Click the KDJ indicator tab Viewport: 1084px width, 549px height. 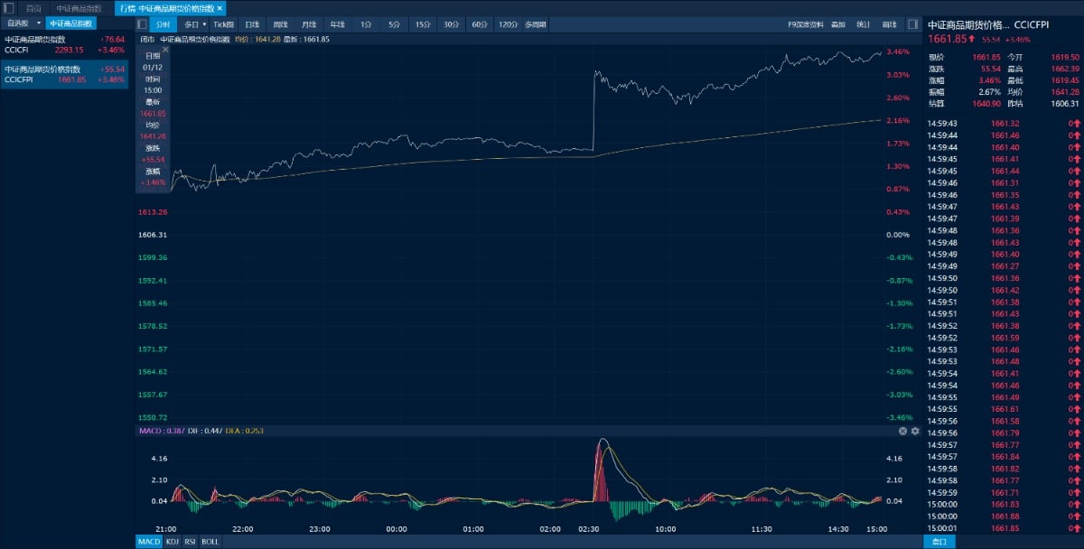point(173,542)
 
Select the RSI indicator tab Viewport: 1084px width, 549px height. point(191,542)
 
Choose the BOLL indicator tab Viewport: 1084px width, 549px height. point(210,542)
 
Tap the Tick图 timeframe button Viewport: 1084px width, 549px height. point(223,24)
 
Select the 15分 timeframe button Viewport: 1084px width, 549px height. point(423,24)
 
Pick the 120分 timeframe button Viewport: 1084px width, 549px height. point(508,24)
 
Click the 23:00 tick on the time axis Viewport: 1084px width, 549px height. point(319,529)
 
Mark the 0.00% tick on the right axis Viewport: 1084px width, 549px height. point(898,235)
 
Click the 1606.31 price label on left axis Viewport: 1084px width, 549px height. point(153,235)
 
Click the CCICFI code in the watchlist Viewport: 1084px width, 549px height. point(17,50)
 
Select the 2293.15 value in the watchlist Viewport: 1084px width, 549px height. point(70,50)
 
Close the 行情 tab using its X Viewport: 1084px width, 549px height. point(220,8)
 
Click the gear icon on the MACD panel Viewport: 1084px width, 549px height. point(915,432)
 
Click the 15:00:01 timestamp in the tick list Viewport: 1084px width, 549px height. point(942,528)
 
